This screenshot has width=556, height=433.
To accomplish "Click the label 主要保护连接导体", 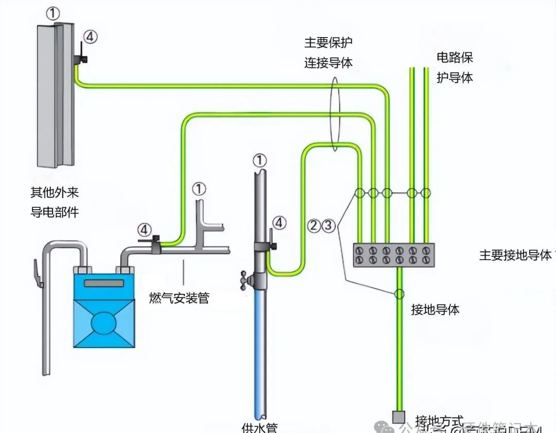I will point(328,53).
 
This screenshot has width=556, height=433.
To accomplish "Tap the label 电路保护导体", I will point(455,67).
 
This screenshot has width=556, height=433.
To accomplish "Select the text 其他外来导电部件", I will point(55,202).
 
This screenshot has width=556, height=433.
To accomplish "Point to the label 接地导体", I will point(435,310).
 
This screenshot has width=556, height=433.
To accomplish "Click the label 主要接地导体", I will point(515,255).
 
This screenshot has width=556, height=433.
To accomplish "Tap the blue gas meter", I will point(103,309).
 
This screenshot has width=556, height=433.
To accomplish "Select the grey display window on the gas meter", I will point(104,283).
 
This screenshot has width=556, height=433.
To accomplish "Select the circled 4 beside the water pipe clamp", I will point(279,223).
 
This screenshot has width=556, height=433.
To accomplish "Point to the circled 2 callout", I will point(315,225).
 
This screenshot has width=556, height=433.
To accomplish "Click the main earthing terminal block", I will point(393,255).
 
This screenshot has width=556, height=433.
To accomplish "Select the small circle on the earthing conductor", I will point(399,294).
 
